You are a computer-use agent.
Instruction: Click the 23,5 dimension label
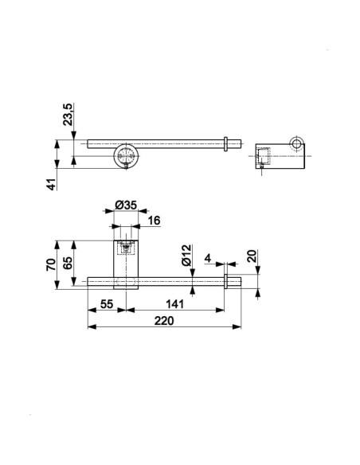pos(68,115)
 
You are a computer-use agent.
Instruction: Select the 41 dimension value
pos(52,185)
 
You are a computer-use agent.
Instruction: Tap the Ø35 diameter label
pos(126,205)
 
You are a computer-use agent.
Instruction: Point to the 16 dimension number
pos(154,221)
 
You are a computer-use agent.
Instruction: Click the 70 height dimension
pos(51,264)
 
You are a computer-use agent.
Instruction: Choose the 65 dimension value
pos(68,263)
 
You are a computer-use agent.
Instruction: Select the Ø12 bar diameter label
pos(186,256)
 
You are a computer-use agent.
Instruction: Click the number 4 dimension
pos(208,258)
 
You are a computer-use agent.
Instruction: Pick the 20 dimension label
pos(252,256)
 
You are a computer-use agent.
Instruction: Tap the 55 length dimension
pos(107,304)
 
